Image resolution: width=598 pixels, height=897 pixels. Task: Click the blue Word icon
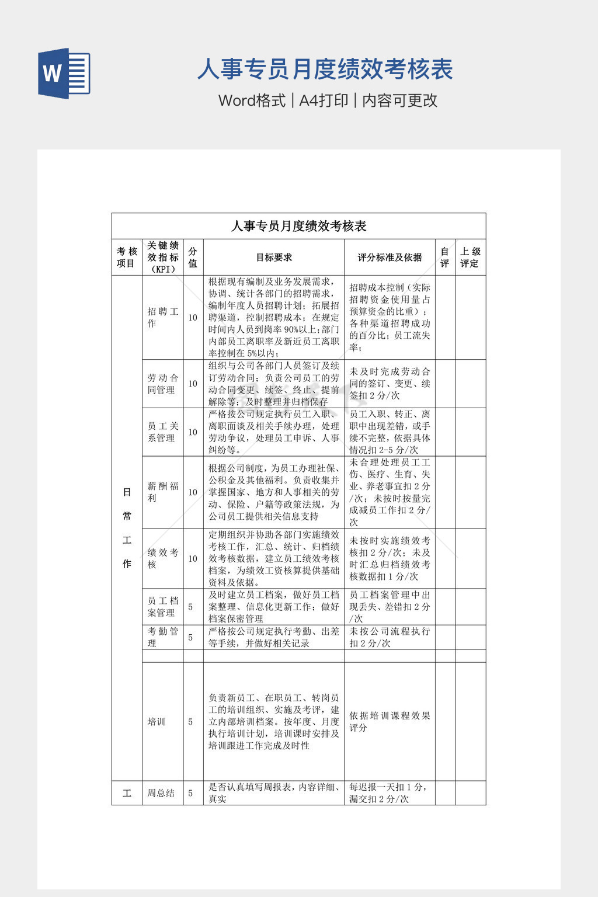point(64,73)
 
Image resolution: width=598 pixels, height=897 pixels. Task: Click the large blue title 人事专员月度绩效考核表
point(325,69)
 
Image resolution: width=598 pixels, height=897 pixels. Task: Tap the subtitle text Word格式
point(252,100)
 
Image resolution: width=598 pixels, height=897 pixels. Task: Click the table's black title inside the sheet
point(298,226)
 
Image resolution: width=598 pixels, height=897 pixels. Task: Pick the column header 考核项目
point(127,257)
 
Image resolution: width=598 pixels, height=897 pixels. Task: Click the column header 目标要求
point(273,257)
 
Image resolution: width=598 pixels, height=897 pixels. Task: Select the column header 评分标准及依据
point(390,257)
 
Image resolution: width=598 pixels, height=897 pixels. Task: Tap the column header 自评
point(444,257)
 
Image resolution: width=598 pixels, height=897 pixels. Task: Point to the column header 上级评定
point(470,257)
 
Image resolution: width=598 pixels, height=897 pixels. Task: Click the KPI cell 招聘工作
point(162,317)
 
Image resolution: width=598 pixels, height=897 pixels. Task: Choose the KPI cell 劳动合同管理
point(162,384)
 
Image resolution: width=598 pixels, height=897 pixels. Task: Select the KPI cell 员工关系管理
point(162,432)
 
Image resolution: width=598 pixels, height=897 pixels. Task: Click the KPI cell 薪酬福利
point(162,492)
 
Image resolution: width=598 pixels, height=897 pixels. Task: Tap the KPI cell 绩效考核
point(162,558)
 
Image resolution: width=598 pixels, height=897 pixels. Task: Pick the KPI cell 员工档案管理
point(162,607)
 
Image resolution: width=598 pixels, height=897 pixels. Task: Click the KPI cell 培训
point(157,722)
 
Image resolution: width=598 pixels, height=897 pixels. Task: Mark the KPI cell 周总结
point(161,793)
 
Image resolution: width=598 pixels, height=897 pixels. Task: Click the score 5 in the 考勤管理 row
point(190,637)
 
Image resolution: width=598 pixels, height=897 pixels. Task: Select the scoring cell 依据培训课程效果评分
point(390,721)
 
